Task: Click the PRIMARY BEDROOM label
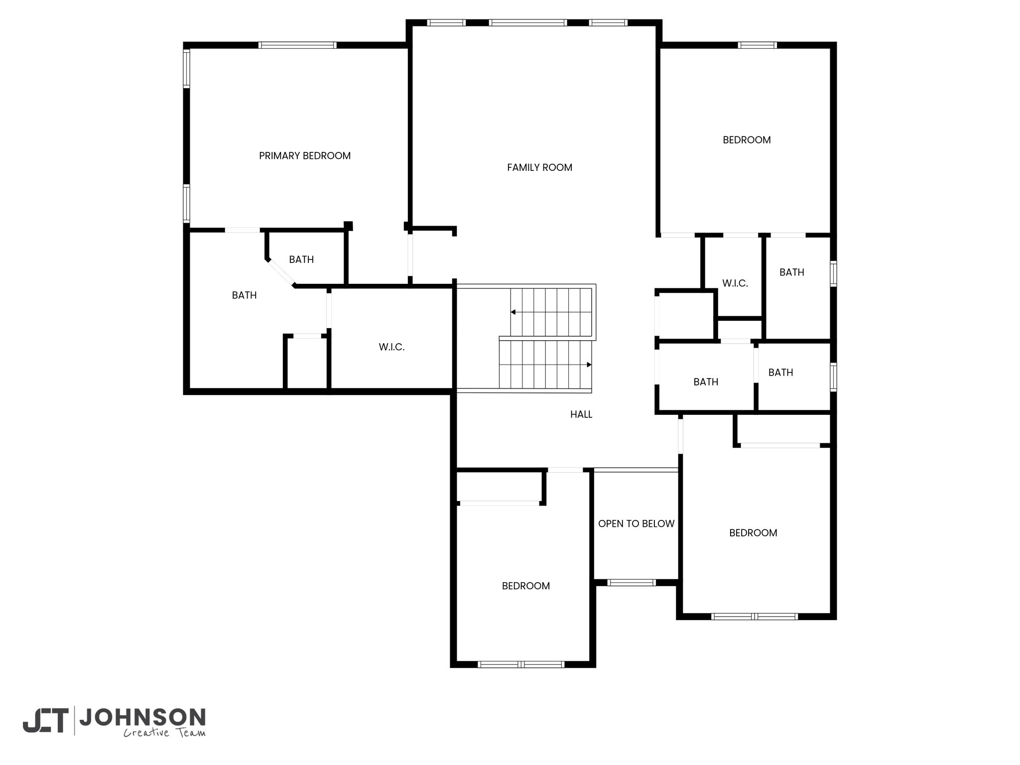305,156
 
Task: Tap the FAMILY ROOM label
539,168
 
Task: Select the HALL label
581,414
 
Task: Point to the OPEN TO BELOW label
636,524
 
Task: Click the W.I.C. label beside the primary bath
391,347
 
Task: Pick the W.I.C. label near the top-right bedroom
735,283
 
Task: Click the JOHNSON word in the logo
142,717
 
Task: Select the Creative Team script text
164,733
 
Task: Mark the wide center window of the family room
528,22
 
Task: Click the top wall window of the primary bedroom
297,45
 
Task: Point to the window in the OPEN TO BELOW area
632,582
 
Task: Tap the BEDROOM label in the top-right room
747,140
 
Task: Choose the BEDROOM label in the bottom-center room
526,586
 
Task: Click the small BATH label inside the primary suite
301,259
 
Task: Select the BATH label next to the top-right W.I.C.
792,272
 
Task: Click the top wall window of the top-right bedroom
757,45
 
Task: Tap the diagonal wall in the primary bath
281,273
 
